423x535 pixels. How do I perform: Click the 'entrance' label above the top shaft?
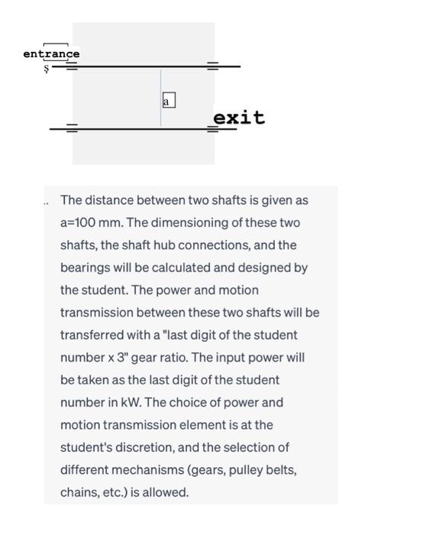click(x=51, y=54)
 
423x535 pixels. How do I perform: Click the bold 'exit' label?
click(x=239, y=118)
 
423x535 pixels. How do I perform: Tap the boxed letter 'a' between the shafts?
click(x=168, y=100)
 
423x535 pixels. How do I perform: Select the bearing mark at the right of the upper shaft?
click(x=212, y=66)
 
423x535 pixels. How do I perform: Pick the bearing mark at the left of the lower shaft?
click(x=71, y=128)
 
